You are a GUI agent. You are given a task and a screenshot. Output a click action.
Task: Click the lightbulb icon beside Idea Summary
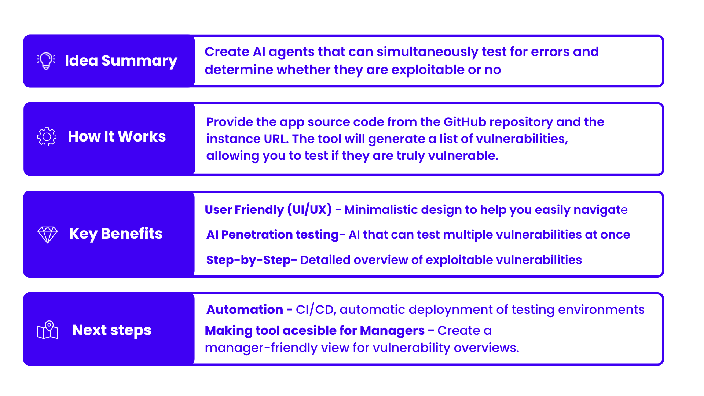click(x=46, y=60)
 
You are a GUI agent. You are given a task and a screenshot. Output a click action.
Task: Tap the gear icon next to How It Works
click(x=47, y=137)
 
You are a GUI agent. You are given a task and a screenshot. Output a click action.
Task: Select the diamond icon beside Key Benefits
click(x=48, y=235)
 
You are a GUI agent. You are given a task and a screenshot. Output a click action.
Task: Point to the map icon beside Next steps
click(x=48, y=330)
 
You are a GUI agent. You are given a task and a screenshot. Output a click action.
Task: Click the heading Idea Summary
click(x=121, y=61)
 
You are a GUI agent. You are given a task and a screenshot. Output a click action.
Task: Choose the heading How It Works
click(x=117, y=136)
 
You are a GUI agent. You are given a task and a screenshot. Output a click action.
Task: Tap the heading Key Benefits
click(x=116, y=234)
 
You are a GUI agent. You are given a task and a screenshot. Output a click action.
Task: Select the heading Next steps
click(x=112, y=330)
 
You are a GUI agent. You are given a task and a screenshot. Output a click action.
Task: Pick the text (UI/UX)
click(x=309, y=209)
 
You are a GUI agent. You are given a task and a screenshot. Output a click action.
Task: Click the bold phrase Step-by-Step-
click(x=252, y=260)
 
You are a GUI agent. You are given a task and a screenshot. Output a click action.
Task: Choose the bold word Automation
click(x=245, y=310)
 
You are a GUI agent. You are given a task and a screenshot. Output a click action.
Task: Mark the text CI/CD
click(x=315, y=310)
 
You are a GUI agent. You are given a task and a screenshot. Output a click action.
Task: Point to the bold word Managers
click(x=392, y=331)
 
